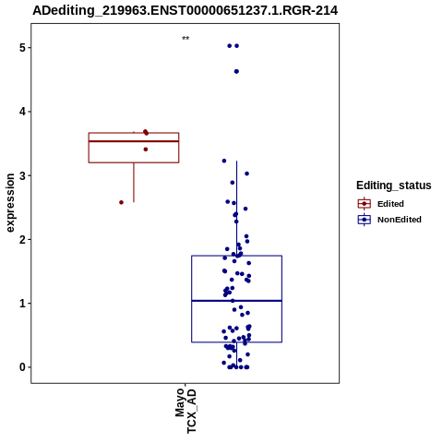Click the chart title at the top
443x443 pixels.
[x=186, y=10]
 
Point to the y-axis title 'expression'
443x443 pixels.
[x=10, y=203]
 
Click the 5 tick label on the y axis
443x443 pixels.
[x=22, y=48]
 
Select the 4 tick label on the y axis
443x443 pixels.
[x=22, y=112]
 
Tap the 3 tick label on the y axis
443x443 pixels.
[x=22, y=175]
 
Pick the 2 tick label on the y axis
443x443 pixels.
[x=22, y=239]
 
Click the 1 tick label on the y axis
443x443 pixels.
[x=22, y=304]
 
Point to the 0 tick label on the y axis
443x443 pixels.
[x=22, y=367]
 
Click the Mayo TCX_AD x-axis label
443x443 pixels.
[x=186, y=411]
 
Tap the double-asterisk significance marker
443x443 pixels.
[x=186, y=39]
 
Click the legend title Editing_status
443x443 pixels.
[x=394, y=186]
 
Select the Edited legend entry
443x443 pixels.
[x=381, y=204]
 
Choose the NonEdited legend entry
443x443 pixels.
[x=389, y=220]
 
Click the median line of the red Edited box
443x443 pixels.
[x=134, y=141]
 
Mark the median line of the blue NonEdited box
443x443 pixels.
[x=236, y=301]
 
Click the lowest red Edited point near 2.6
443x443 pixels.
[x=121, y=202]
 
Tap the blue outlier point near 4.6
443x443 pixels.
[x=236, y=71]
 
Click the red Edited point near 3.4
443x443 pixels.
[x=146, y=150]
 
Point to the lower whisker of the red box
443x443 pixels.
[x=134, y=183]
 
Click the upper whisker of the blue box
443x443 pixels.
[x=236, y=209]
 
